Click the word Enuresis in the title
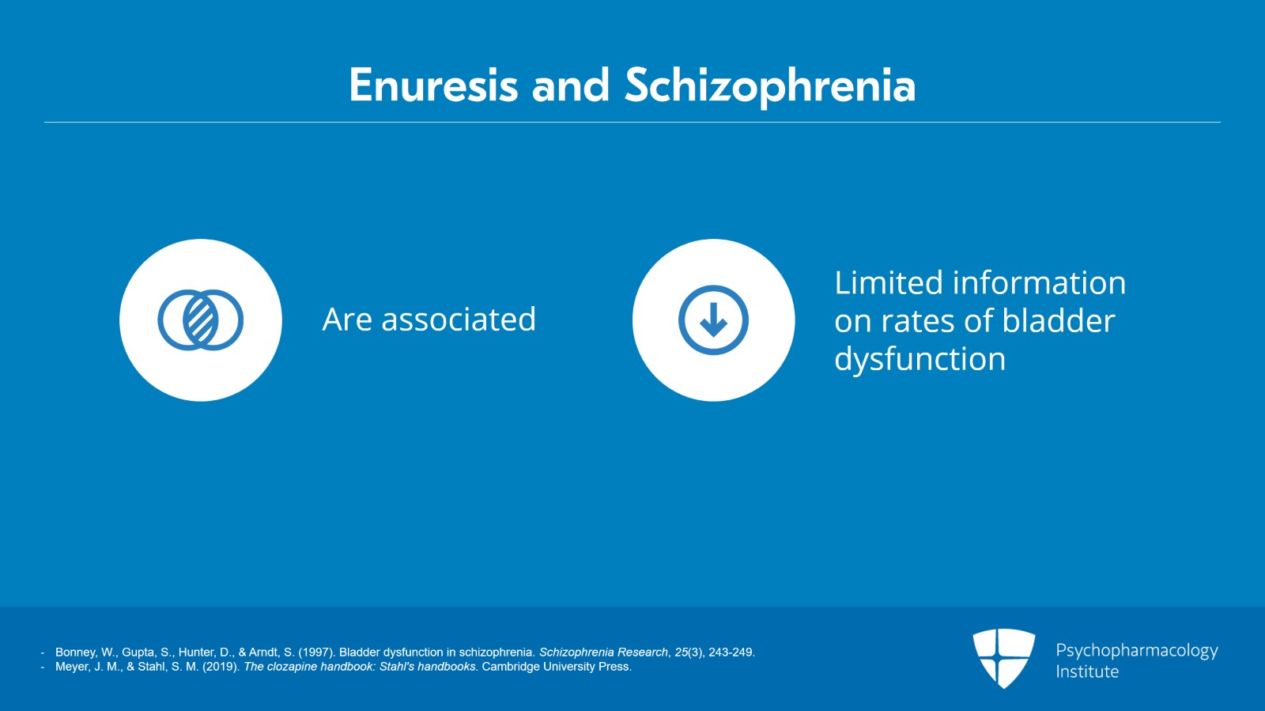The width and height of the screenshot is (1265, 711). pos(433,85)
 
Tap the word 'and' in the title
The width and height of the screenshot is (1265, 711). pos(570,85)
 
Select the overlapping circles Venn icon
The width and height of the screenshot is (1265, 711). pos(201,320)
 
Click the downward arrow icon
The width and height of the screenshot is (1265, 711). pos(713,320)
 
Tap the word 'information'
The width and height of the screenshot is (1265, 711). pos(1039,282)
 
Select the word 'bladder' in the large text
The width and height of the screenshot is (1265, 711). pos(1059,321)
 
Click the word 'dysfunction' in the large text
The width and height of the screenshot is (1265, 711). pos(920,359)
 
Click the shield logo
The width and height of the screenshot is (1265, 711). pos(1003,658)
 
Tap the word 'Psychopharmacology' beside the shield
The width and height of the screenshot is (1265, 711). pos(1137,651)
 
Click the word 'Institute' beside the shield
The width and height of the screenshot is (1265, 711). pos(1087,671)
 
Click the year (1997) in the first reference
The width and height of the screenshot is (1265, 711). pos(317,652)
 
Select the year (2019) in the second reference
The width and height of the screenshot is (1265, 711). pos(221,667)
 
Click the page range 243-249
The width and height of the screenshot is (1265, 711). pos(731,652)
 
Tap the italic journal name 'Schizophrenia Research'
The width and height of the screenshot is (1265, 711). pos(603,652)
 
